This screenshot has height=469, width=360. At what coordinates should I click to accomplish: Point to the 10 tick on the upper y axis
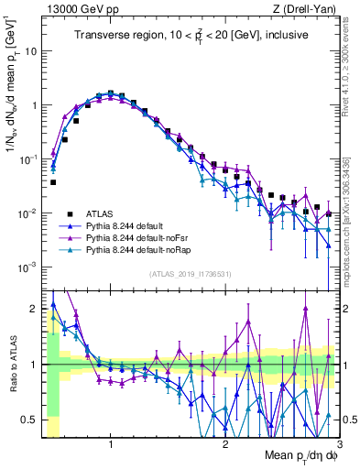tap(31, 51)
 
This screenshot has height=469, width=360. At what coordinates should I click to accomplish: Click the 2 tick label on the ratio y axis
tap(34, 309)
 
